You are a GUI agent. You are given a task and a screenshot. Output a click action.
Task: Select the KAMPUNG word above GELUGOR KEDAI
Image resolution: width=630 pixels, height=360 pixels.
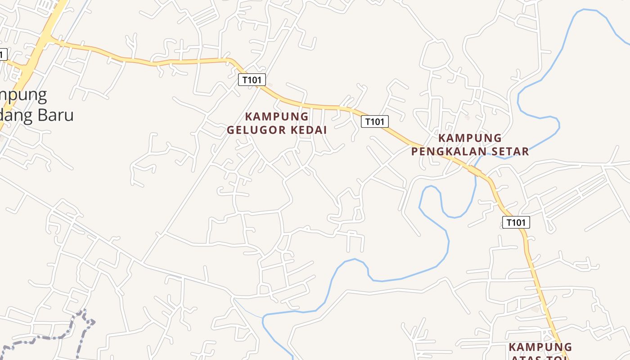[x=277, y=117]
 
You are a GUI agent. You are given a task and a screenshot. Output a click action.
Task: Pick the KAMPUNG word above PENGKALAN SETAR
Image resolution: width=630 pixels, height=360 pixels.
[x=470, y=138]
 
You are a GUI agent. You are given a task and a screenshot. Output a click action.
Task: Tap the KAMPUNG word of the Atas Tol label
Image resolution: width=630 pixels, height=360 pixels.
[x=540, y=347]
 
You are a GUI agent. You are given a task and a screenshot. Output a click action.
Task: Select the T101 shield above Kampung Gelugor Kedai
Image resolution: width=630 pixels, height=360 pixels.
[x=252, y=80]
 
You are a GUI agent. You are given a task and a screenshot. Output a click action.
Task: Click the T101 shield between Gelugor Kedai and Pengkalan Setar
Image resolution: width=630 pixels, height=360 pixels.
[x=374, y=121]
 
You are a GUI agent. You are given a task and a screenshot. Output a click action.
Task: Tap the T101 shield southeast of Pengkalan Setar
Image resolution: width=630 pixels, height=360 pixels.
[x=516, y=222]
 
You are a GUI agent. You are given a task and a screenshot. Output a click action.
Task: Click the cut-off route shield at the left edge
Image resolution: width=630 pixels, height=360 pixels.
[x=3, y=54]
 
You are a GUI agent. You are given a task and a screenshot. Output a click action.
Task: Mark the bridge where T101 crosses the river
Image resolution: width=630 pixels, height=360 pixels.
[x=475, y=171]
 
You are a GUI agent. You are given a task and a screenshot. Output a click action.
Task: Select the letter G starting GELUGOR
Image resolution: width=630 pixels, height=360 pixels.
[x=231, y=130]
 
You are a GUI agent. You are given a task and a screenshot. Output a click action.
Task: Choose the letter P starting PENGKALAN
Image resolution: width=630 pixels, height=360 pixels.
[x=414, y=151]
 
